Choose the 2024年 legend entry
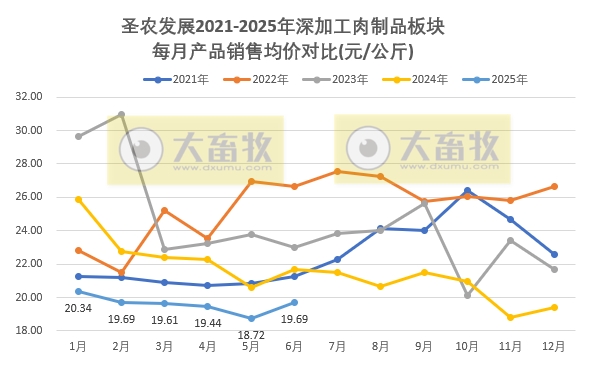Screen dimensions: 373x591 pyautogui.click(x=423, y=78)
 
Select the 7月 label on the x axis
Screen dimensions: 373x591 pyautogui.click(x=337, y=347)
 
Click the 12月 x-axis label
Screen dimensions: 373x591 pyautogui.click(x=553, y=347)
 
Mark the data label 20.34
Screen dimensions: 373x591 pyautogui.click(x=78, y=309)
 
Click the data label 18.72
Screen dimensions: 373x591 pyautogui.click(x=250, y=336)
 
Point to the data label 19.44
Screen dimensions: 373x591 pyautogui.click(x=208, y=322)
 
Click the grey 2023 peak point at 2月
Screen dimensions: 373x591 pyautogui.click(x=121, y=114)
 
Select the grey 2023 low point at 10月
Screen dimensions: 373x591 pyautogui.click(x=467, y=295)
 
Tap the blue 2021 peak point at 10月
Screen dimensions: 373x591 pyautogui.click(x=467, y=190)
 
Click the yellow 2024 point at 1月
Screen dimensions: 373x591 pyautogui.click(x=78, y=199)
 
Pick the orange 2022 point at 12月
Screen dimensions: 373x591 pyautogui.click(x=554, y=186)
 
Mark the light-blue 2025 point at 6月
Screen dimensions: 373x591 pyautogui.click(x=294, y=302)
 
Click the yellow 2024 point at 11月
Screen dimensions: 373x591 pyautogui.click(x=510, y=317)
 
